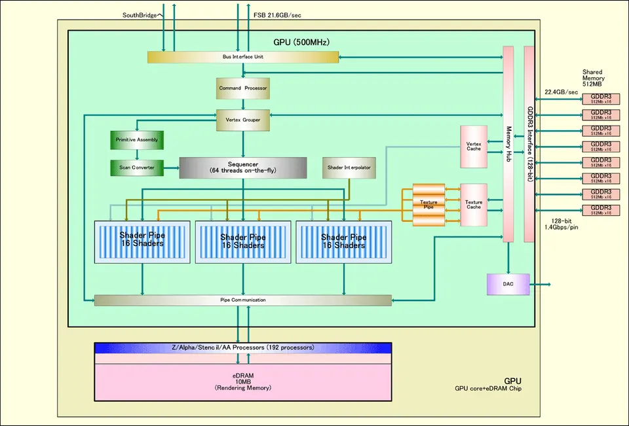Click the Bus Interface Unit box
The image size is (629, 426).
click(243, 58)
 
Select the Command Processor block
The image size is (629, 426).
click(243, 88)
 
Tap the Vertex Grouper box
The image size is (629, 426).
click(243, 119)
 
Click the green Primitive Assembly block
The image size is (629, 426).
click(136, 140)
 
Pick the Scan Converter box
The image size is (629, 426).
click(136, 168)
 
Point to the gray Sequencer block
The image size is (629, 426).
click(243, 168)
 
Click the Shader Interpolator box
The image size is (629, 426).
click(349, 168)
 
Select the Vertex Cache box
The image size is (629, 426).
click(474, 145)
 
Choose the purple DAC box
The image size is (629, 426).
click(508, 284)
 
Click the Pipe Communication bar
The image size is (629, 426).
click(243, 300)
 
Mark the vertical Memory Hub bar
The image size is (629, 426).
click(508, 144)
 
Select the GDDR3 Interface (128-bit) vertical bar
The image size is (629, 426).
click(529, 144)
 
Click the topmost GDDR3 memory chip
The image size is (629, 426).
click(601, 98)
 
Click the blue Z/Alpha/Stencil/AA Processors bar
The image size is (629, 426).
click(243, 347)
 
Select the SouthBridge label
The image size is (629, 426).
click(140, 14)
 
